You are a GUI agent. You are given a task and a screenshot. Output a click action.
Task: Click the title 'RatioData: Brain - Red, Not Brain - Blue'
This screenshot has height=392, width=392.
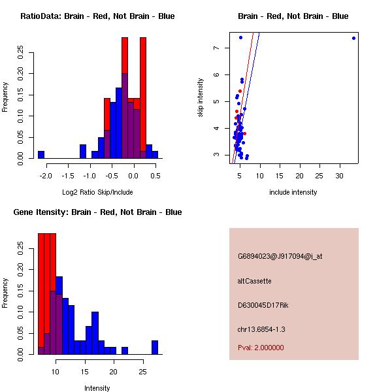pos(97,16)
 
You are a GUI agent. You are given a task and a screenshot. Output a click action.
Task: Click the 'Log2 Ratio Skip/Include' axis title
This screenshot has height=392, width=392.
pos(97,192)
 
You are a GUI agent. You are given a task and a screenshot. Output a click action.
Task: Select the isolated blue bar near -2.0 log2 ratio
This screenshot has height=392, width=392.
pos(41,155)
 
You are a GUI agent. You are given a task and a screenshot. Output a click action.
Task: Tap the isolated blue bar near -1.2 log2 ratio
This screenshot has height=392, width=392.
pos(83,152)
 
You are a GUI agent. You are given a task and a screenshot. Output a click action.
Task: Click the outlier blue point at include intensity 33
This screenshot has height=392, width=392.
pos(353,38)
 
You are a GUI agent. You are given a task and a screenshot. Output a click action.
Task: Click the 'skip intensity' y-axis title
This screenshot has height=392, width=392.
pos(202,103)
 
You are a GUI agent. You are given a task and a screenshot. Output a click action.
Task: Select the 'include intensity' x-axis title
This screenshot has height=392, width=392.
pos(293,192)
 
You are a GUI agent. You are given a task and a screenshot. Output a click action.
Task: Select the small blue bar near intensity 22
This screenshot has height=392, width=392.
pos(125,351)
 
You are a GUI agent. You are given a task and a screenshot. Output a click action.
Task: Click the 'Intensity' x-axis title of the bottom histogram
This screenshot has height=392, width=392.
pos(97,388)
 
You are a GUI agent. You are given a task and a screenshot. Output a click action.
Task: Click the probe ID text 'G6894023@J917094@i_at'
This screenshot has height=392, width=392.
pos(280,257)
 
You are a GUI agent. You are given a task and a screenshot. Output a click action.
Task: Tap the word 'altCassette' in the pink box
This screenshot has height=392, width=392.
pos(255,281)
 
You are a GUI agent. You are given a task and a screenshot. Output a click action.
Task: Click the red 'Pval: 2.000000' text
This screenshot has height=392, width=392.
pos(261,348)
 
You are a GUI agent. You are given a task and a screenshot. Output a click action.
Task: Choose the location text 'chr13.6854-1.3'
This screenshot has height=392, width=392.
pos(261,329)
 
